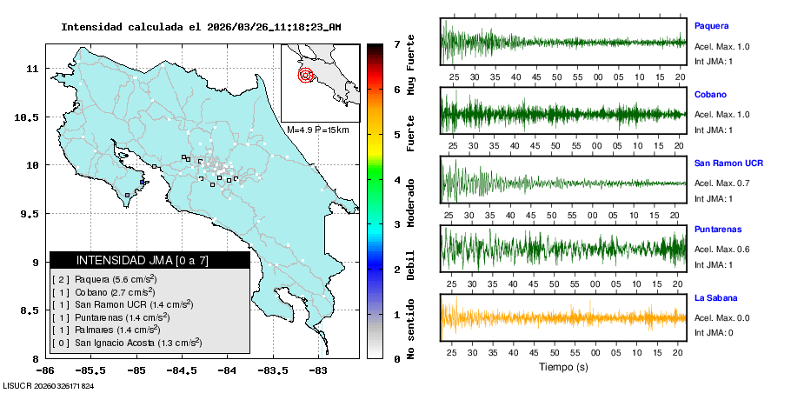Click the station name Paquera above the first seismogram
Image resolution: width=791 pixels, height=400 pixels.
tap(711, 26)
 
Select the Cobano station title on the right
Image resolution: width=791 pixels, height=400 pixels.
tap(710, 94)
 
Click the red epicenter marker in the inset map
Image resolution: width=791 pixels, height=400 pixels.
tap(306, 75)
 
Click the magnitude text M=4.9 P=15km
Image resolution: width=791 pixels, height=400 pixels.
tap(317, 130)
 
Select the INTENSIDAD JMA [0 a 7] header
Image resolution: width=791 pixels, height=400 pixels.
tap(150, 260)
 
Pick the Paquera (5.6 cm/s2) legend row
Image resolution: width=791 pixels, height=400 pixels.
tap(103, 279)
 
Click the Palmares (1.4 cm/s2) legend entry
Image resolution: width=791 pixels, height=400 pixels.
tap(106, 330)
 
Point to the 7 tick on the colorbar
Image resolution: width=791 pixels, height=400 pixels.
tap(396, 43)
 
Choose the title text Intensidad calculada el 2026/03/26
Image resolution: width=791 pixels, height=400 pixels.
tap(201, 27)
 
